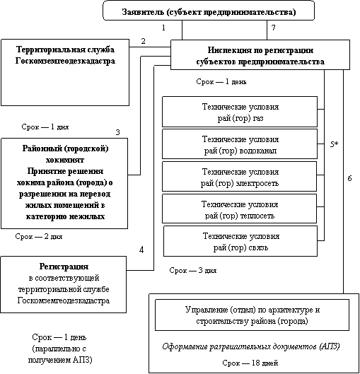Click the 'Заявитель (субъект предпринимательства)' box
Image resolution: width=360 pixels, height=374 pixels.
[209, 11]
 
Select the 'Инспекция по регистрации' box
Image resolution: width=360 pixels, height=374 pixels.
[260, 54]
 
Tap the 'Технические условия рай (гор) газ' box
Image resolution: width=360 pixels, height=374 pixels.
[240, 112]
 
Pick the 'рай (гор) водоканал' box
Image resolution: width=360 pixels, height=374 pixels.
[240, 144]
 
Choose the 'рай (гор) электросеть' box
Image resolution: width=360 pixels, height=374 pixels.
[240, 176]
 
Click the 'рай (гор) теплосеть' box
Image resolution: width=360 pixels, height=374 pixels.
[240, 209]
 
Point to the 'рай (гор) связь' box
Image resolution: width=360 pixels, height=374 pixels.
[240, 241]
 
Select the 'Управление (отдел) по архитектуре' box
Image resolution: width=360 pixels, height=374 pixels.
[252, 315]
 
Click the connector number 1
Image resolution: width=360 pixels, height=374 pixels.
[163, 28]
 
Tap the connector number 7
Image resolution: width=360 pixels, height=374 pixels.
[274, 28]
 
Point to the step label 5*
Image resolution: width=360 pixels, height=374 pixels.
[335, 144]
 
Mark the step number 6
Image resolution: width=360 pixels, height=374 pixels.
[349, 178]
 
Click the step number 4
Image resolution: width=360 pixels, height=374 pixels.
[141, 250]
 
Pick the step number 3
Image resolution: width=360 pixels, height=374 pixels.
[117, 132]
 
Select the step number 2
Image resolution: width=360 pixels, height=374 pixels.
[143, 41]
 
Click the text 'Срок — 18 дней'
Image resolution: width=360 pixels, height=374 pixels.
[250, 363]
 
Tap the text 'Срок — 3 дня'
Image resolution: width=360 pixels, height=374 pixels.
[193, 271]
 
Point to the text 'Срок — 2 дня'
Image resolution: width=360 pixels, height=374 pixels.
[39, 236]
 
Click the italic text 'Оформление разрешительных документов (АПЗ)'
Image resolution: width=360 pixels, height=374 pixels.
[251, 346]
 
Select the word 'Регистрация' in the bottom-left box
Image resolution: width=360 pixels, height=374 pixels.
[64, 267]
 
